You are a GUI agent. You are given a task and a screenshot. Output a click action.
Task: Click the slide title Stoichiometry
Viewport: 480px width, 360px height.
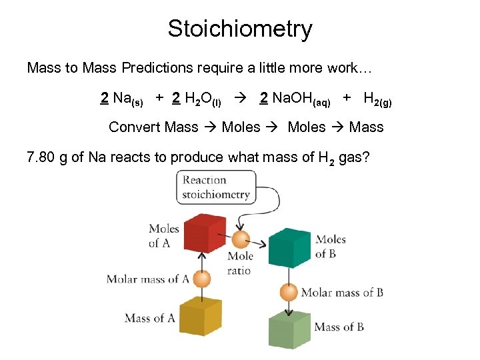[x=240, y=29]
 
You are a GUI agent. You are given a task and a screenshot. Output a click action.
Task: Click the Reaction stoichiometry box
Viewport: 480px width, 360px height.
[x=216, y=187]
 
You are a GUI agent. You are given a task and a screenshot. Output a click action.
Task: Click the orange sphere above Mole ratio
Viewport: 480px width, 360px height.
[x=241, y=239]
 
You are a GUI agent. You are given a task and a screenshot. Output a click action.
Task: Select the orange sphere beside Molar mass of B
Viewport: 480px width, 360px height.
[x=289, y=292]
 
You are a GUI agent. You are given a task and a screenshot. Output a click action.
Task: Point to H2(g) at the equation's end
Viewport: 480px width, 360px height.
[x=377, y=99]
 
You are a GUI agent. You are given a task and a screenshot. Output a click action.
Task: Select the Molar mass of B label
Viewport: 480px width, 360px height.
[x=342, y=292]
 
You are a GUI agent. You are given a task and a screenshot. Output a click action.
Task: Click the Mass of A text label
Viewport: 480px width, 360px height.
[x=150, y=319]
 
